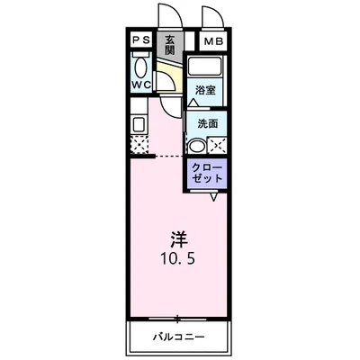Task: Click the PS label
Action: (x=141, y=41)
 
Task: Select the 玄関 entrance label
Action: (x=170, y=44)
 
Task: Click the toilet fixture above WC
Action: (x=140, y=67)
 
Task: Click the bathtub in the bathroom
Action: (x=206, y=68)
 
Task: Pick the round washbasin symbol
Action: (x=196, y=145)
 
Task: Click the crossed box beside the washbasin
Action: (x=216, y=145)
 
